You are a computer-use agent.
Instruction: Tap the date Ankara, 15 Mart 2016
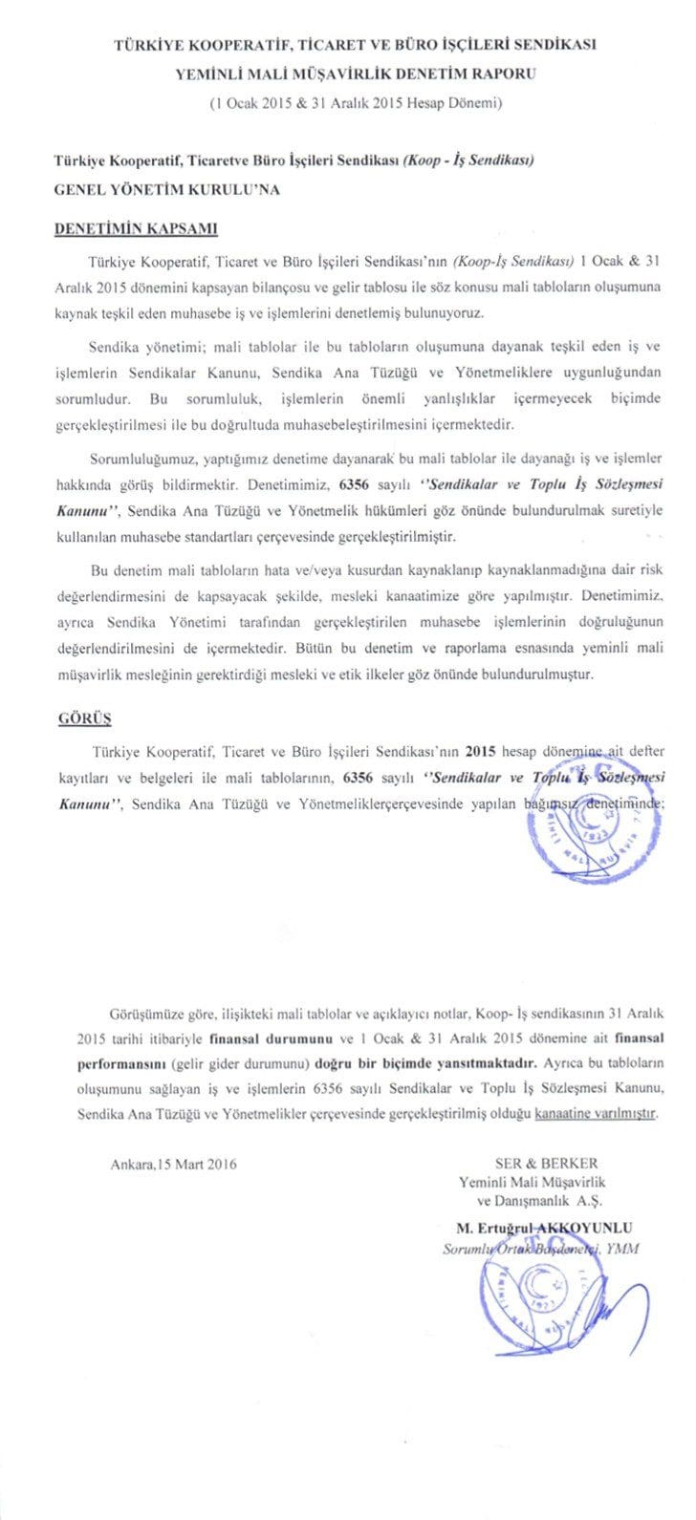click(173, 1163)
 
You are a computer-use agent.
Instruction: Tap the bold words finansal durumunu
click(285, 1062)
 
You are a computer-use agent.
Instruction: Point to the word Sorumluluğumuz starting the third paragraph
click(140, 458)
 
